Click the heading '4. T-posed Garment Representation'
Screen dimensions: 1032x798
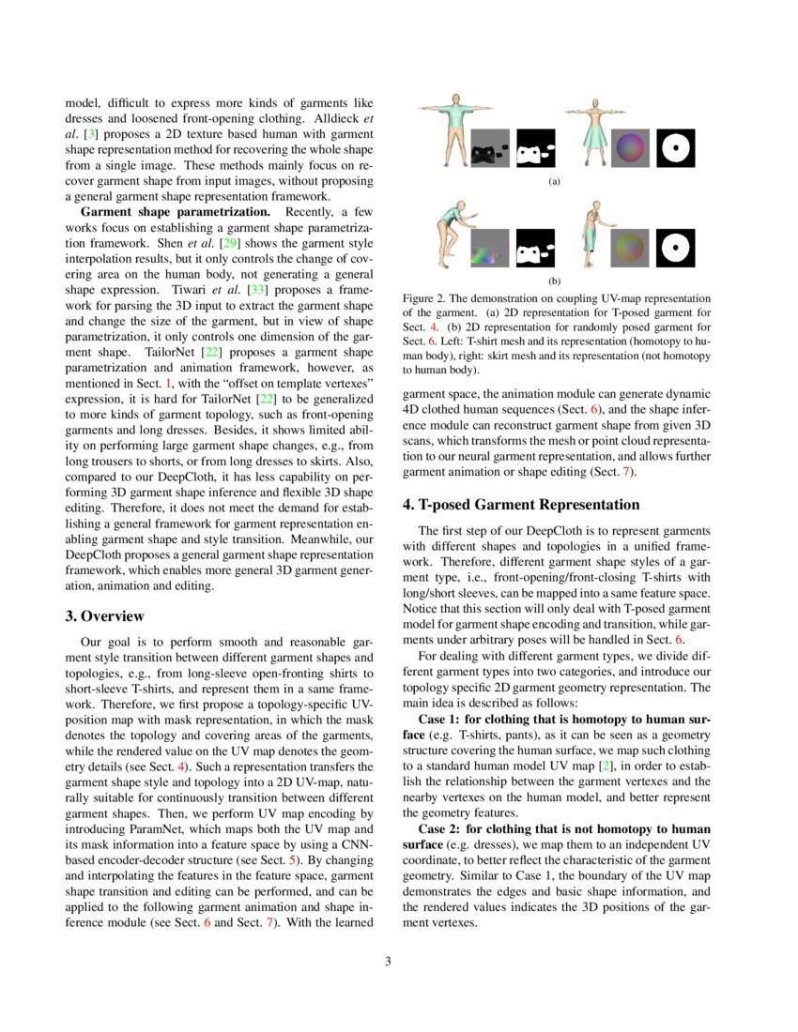[521, 505]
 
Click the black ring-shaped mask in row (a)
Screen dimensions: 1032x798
[673, 147]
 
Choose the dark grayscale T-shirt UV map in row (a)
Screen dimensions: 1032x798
[489, 147]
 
